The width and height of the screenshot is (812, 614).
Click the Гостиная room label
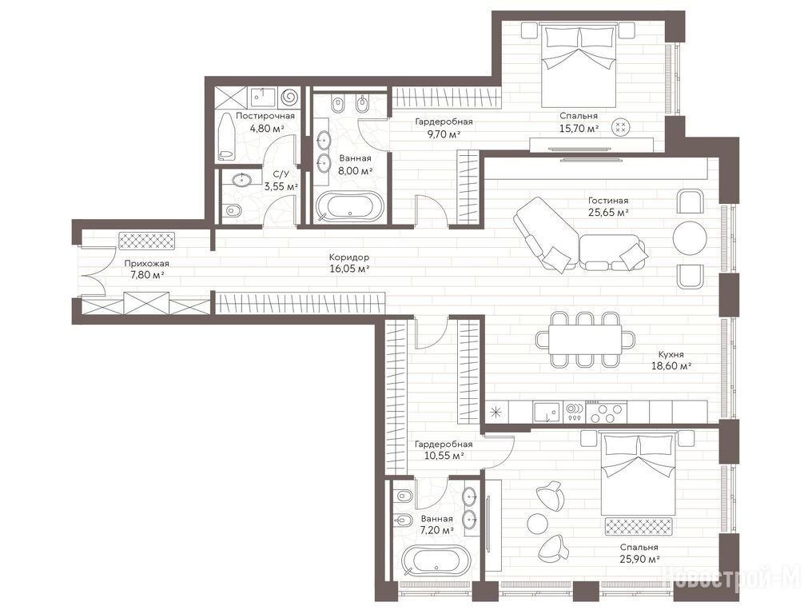(608, 201)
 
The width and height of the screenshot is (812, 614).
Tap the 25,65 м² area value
(608, 212)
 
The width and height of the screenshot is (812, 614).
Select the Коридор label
(349, 257)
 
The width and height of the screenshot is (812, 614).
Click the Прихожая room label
(146, 264)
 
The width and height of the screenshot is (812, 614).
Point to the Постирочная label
(265, 116)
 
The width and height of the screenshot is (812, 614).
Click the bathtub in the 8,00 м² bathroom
(349, 206)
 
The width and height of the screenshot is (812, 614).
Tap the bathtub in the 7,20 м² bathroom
(436, 561)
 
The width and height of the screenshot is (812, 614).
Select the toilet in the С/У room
(233, 210)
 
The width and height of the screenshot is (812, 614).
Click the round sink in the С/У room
(241, 180)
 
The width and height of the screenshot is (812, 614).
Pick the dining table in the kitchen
(585, 340)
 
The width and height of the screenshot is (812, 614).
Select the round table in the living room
(689, 237)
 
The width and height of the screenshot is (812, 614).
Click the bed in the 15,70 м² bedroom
(579, 65)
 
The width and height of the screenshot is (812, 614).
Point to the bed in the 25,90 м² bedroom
(638, 473)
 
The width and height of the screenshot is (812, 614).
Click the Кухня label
(671, 355)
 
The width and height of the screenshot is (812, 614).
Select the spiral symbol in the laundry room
(289, 97)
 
